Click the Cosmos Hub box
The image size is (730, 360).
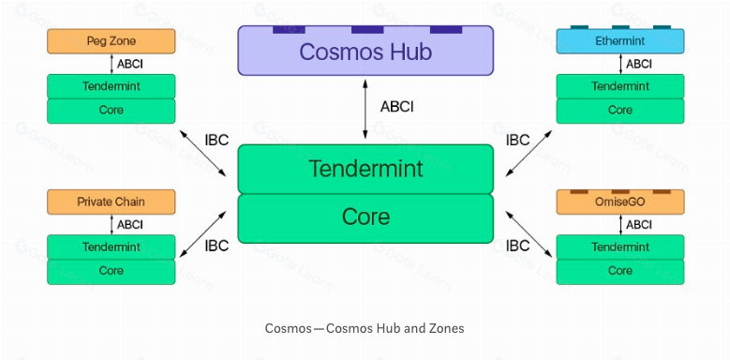(x=365, y=51)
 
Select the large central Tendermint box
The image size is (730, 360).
(x=365, y=169)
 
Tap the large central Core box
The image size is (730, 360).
(x=365, y=217)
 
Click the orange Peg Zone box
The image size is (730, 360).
(x=111, y=41)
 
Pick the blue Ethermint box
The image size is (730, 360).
(x=619, y=41)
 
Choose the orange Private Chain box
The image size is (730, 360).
(x=111, y=202)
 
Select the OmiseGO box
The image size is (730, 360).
(x=619, y=202)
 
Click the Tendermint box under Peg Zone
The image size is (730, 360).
(x=111, y=86)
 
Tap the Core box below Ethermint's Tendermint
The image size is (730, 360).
(x=619, y=111)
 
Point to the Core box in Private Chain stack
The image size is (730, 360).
(x=111, y=271)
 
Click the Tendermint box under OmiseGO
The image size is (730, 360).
(x=619, y=247)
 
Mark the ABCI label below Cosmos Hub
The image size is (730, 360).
(x=396, y=107)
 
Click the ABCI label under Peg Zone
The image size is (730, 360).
(x=130, y=64)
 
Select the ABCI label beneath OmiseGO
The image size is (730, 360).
(x=639, y=224)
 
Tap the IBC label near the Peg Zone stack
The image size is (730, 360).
(x=216, y=141)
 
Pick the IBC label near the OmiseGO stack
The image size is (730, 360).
(x=517, y=246)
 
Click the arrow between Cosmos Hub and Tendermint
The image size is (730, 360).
(x=365, y=109)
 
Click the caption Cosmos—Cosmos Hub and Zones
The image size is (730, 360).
(x=365, y=328)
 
